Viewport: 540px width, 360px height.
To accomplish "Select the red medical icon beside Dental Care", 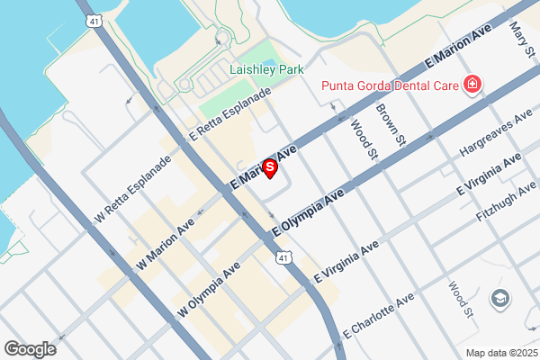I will click(x=472, y=85).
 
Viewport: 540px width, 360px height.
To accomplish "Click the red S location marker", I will click(x=269, y=167).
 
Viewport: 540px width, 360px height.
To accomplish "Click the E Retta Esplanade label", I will click(x=229, y=120).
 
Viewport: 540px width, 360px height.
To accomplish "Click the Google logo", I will click(x=31, y=349).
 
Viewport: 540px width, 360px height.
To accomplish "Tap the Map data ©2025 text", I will click(x=499, y=353).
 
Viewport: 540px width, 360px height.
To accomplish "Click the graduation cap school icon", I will click(x=499, y=297).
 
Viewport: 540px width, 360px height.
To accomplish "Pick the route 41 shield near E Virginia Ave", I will click(x=283, y=259).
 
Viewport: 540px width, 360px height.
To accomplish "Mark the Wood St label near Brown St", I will click(x=362, y=139).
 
